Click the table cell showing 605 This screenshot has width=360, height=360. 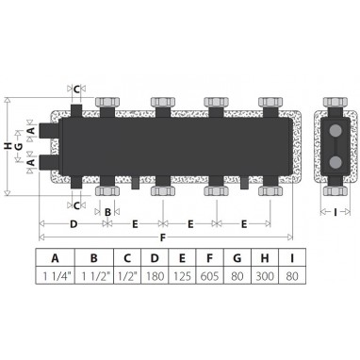click(x=209, y=276)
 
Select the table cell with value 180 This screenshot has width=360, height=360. click(x=155, y=276)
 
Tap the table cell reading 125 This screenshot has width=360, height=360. click(x=182, y=276)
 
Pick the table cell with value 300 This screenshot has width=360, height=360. click(x=265, y=276)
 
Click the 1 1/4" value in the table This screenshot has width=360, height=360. click(x=55, y=276)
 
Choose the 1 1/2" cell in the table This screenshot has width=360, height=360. click(x=94, y=276)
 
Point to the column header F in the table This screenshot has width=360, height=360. click(x=209, y=258)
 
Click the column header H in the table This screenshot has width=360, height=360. click(x=265, y=258)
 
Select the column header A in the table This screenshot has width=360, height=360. click(x=55, y=258)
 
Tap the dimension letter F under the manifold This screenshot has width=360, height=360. click(x=162, y=237)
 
